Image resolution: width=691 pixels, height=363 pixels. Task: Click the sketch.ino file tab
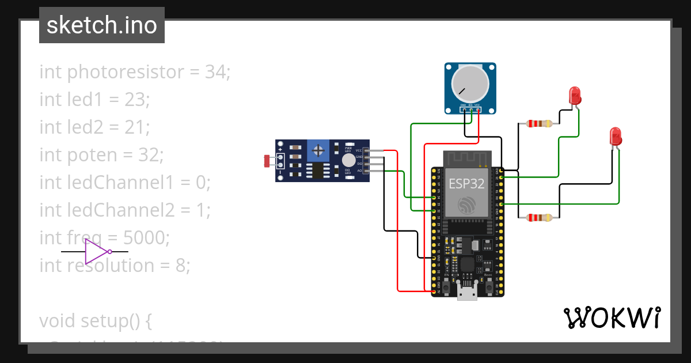[x=102, y=25]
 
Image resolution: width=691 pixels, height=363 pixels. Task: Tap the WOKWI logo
[x=611, y=317]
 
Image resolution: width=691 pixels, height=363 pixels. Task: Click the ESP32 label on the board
[x=466, y=183]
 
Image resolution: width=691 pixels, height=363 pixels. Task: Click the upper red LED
[x=574, y=96]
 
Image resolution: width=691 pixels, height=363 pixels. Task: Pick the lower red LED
[x=615, y=137]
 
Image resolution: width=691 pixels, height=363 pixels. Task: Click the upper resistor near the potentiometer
[x=536, y=123]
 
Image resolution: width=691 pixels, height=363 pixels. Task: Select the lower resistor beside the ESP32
[x=536, y=217]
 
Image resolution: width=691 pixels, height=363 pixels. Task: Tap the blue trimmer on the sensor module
[x=317, y=151]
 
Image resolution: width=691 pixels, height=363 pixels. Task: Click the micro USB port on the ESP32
[x=466, y=292]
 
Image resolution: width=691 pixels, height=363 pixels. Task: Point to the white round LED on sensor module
[x=348, y=160]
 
